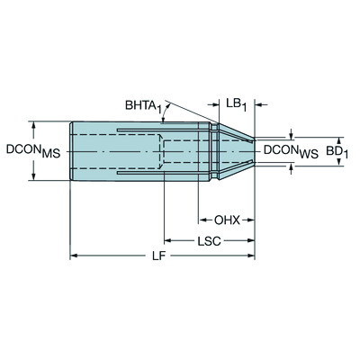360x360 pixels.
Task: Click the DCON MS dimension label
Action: [x=28, y=150]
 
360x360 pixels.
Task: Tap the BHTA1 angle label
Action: [x=144, y=106]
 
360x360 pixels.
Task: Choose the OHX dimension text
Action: [x=227, y=219]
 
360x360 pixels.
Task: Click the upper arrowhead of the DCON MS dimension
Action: [x=35, y=123]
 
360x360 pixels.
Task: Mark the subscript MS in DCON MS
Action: [x=49, y=154]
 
